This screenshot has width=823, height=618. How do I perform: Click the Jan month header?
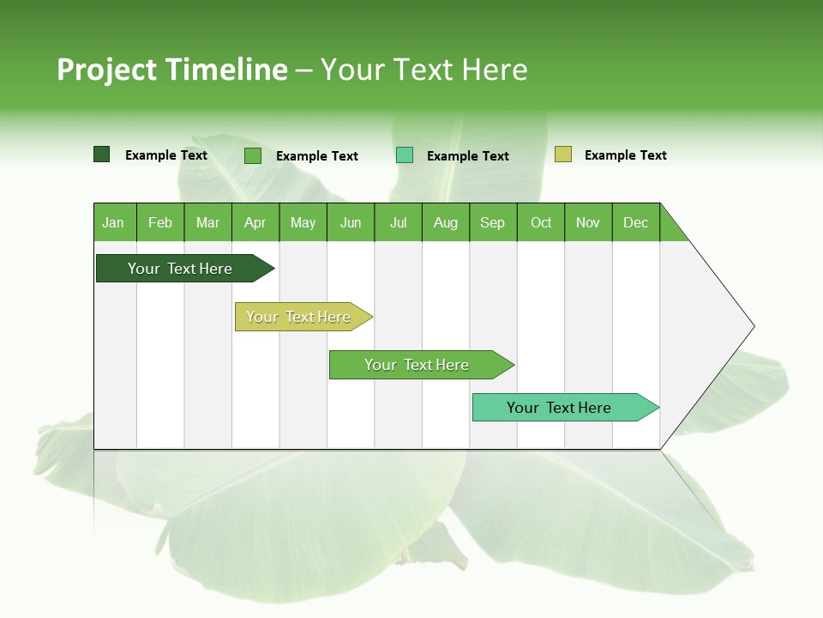(x=114, y=222)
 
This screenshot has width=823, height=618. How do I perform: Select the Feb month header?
(x=160, y=222)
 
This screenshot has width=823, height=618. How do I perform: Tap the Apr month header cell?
(x=255, y=222)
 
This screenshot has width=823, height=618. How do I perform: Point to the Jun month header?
(x=351, y=222)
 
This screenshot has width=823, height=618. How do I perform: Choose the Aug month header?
(x=446, y=222)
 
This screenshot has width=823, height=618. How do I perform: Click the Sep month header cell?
(x=493, y=222)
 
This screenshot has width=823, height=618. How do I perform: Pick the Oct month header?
(x=541, y=222)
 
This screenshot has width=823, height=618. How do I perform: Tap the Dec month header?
(x=636, y=222)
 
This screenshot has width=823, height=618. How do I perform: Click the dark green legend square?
(x=102, y=154)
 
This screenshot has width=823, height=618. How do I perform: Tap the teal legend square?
(x=405, y=155)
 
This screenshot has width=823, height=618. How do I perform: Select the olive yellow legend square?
(x=563, y=154)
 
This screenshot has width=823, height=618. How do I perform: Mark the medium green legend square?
(x=253, y=155)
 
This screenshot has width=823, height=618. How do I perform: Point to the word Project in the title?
(x=107, y=70)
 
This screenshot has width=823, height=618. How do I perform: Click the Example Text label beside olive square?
(x=625, y=155)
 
